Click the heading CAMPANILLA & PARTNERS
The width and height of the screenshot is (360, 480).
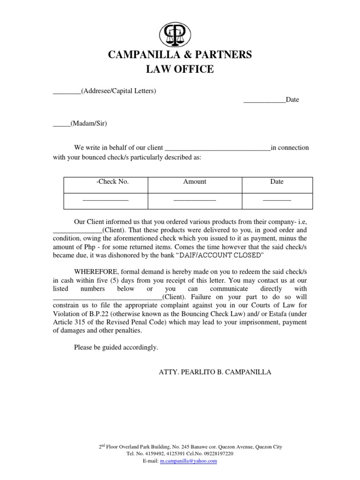[x=180, y=55]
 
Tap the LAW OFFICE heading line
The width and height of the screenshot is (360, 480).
[x=180, y=70]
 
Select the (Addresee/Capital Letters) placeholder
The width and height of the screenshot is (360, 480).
[x=118, y=91]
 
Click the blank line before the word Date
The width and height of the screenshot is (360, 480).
[x=264, y=100]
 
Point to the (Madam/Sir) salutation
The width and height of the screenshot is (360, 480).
[x=89, y=124]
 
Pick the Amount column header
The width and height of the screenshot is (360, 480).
[x=195, y=182]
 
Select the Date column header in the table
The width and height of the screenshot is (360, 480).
[x=277, y=182]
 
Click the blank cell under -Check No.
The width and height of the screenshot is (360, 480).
[x=105, y=200]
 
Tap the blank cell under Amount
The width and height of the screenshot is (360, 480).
[x=195, y=200]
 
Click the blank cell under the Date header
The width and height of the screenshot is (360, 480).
[x=277, y=200]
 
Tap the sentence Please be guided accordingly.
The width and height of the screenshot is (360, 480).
[x=116, y=347]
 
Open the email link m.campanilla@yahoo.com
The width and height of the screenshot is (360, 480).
[x=188, y=461]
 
